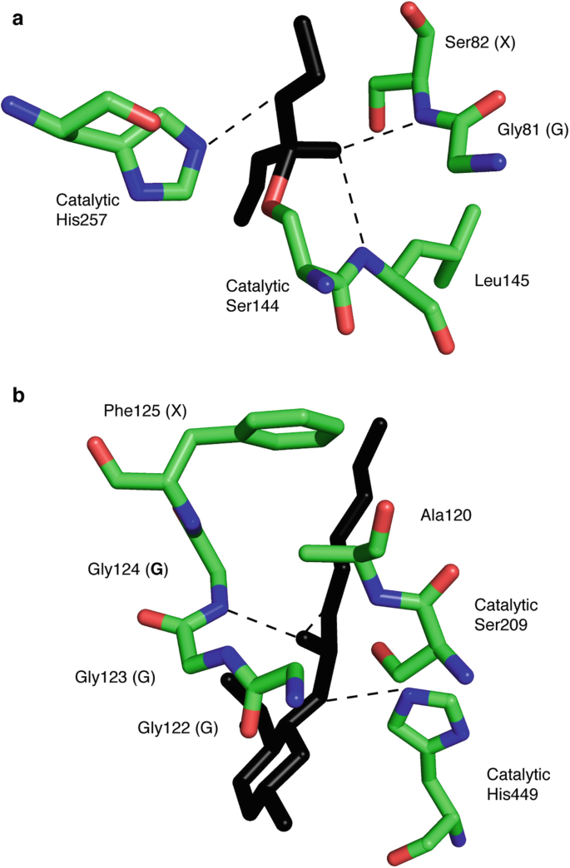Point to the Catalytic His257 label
click(x=87, y=208)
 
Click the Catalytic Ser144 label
click(x=257, y=294)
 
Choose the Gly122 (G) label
click(x=178, y=729)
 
